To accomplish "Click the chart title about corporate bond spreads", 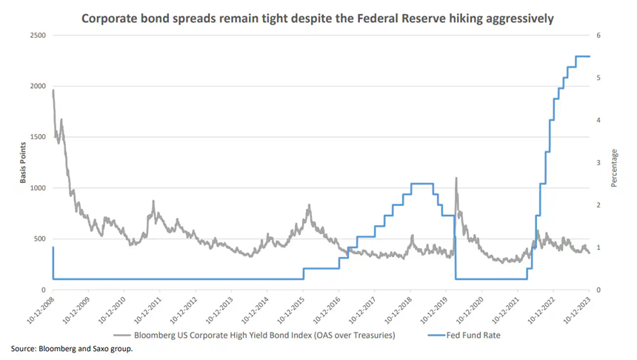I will point(318,16).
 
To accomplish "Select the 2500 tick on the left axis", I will point(37,36).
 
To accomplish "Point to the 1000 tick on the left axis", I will point(37,188).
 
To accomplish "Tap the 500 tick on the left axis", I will point(39,239).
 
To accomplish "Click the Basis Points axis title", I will point(23,163).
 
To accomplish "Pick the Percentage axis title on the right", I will point(614,163).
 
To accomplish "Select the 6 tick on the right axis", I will point(598,36).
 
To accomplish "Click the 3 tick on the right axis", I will point(598,163).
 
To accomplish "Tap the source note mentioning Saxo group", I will point(72,348).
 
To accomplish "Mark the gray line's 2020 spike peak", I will point(456,178).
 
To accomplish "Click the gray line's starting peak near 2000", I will point(53,90).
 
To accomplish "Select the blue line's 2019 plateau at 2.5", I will point(421,184).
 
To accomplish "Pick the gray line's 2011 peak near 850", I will point(153,201).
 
